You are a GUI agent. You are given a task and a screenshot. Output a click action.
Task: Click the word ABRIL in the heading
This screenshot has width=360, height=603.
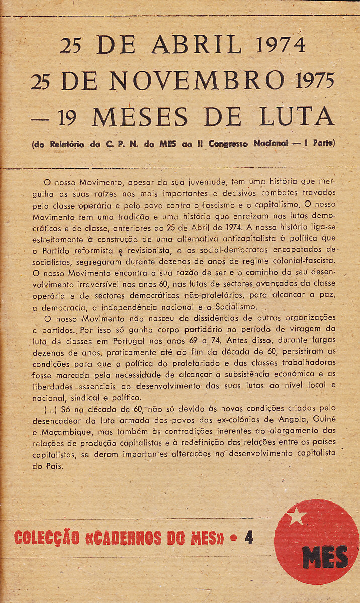click(x=197, y=45)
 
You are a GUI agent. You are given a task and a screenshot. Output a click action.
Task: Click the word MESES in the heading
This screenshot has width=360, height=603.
click(x=140, y=117)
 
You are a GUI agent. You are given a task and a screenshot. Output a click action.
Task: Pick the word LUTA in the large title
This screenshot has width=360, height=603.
click(x=296, y=117)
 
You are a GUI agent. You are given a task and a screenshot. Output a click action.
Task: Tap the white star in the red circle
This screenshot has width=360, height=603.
click(x=297, y=516)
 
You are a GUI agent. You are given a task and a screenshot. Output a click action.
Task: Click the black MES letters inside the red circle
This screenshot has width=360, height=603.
click(x=325, y=557)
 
